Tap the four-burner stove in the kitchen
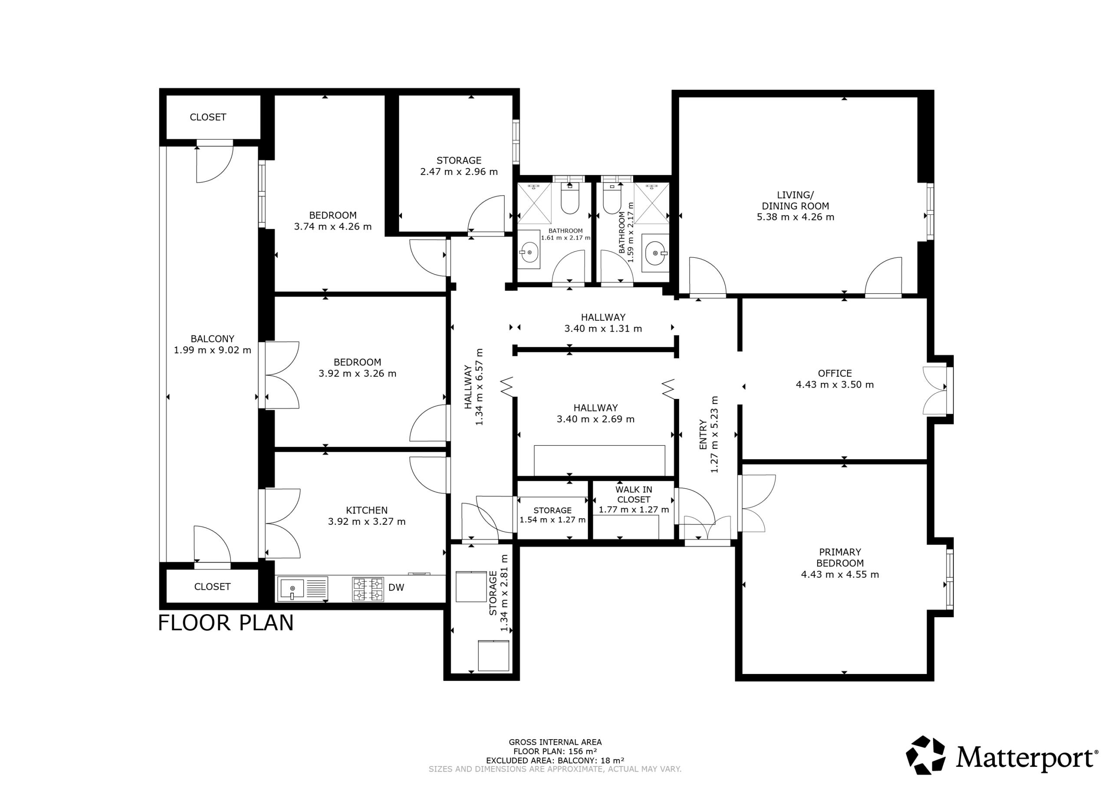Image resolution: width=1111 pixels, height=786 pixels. click(x=368, y=589)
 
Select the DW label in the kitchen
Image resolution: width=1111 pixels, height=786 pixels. click(x=396, y=588)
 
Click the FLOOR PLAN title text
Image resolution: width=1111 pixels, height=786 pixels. click(x=226, y=623)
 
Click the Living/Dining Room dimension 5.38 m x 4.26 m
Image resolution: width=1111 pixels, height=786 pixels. click(x=795, y=217)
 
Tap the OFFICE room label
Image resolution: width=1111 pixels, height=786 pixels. click(x=835, y=373)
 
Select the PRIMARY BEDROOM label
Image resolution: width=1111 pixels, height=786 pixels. click(x=840, y=558)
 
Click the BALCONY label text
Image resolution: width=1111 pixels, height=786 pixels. click(x=212, y=339)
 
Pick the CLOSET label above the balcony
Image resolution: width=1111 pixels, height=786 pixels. click(x=208, y=117)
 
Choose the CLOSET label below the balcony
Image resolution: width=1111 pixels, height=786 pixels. click(x=212, y=587)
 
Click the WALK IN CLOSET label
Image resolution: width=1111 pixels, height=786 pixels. click(x=634, y=495)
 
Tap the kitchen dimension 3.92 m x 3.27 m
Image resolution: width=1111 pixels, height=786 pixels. click(x=367, y=521)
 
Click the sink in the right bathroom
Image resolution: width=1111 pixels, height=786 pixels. click(x=655, y=251)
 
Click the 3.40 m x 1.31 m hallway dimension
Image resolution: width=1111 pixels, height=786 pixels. click(x=603, y=329)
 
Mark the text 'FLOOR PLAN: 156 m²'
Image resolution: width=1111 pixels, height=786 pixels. click(x=555, y=752)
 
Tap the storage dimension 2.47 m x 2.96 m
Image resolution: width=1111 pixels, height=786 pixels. click(x=459, y=171)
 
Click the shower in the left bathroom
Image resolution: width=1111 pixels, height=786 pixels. click(x=535, y=203)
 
